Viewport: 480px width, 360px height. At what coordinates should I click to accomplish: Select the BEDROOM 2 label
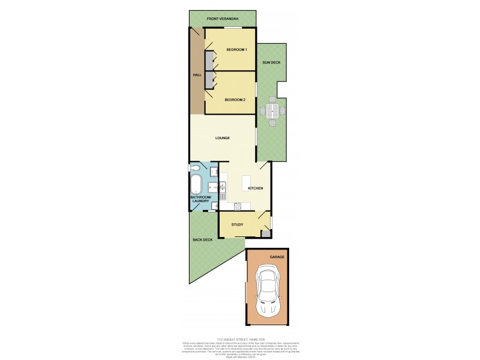pos(235,100)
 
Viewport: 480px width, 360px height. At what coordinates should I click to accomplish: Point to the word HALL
pos(196,75)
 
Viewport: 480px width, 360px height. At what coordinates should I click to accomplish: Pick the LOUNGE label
pos(223,139)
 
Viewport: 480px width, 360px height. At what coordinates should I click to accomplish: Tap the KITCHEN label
pos(256,188)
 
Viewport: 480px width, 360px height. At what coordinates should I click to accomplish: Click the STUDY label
pos(237,225)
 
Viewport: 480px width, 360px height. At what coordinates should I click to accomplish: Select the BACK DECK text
pos(202,240)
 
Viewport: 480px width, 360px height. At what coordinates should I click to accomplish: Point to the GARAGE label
pos(277,257)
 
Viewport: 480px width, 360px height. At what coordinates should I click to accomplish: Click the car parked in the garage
pos(268,295)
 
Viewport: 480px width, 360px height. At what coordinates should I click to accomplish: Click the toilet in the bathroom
pos(194,168)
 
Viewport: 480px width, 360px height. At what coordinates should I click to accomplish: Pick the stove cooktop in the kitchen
pos(238,208)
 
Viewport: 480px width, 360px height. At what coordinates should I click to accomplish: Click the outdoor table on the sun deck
pos(272,110)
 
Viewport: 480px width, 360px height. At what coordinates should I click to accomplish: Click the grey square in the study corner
pos(265,233)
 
